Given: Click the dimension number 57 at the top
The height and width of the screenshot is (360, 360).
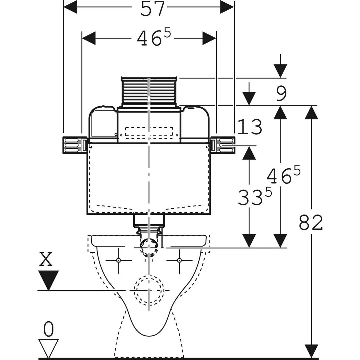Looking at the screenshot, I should point(152,9).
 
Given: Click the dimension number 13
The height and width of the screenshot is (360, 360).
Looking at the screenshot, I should point(250,128).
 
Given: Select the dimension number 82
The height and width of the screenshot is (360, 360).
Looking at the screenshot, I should point(311,223).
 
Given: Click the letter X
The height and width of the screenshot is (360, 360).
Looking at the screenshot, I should point(46,259).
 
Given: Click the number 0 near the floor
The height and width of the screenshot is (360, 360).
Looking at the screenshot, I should point(49,330).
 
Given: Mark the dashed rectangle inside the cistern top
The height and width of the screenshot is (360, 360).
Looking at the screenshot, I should point(149,132).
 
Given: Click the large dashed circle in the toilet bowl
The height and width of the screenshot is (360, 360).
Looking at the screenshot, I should point(149,290).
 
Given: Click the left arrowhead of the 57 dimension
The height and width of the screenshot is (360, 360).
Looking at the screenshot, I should point(70,7).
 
